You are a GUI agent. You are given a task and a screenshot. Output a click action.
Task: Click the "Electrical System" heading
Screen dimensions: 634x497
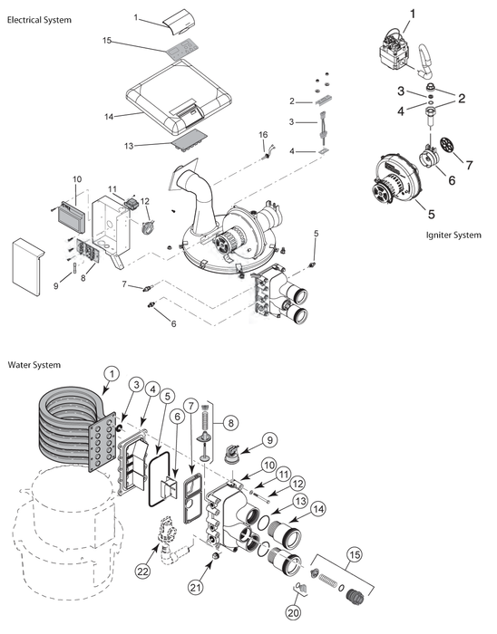click(x=39, y=19)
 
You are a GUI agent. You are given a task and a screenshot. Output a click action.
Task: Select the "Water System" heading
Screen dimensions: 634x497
click(x=34, y=365)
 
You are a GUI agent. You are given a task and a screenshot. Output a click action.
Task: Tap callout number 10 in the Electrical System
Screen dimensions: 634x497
click(x=76, y=178)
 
